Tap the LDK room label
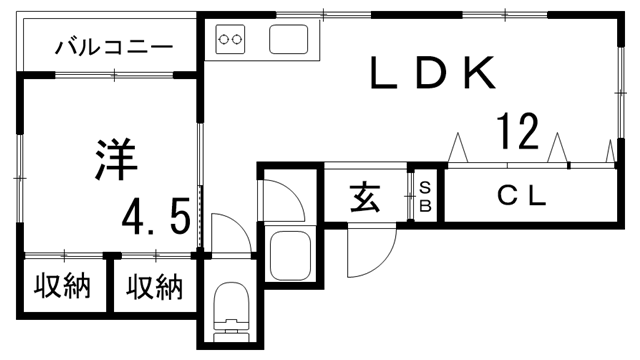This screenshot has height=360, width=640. (431, 73)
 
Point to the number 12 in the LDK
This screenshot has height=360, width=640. (517, 131)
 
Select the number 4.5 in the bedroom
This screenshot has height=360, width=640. (156, 215)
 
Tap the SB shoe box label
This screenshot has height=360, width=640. (424, 196)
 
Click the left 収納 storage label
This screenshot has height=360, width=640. (63, 287)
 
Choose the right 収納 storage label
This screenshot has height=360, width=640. (155, 287)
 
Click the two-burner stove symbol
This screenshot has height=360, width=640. (232, 41)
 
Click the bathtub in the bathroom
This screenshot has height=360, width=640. (291, 257)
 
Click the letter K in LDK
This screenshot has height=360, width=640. (476, 73)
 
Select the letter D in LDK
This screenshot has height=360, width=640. (431, 73)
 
